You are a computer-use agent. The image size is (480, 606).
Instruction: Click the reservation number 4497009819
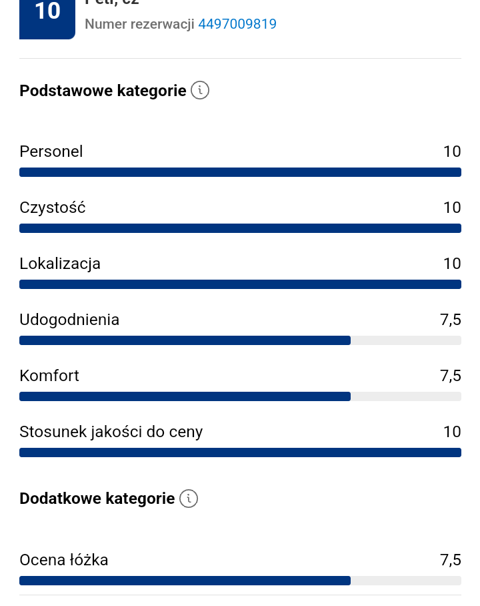237,25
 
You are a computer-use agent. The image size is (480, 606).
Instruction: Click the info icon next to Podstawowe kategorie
200,91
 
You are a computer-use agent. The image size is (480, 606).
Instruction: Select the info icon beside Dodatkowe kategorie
189,499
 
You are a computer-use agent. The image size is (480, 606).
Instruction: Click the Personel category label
51,151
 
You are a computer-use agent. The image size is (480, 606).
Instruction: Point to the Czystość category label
53,208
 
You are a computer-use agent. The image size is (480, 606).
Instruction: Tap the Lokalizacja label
60,264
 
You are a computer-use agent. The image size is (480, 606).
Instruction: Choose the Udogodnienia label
69,320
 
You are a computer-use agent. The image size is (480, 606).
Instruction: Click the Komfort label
49,376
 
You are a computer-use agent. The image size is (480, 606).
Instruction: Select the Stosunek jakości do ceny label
111,432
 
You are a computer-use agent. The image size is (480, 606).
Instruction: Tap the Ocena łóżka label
64,560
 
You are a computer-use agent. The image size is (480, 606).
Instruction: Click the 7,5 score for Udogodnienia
450,320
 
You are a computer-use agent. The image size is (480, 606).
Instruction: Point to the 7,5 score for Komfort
450,376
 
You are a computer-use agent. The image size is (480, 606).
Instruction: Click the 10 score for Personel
452,151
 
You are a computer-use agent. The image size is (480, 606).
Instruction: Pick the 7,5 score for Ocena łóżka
450,560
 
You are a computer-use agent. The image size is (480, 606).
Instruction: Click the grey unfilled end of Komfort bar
406,396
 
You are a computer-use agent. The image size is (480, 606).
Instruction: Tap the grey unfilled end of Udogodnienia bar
406,340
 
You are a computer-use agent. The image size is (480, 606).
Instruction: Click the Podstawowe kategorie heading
103,91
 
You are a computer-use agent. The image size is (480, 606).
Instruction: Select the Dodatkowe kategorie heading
97,499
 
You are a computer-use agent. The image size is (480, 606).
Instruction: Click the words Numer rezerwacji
139,25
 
